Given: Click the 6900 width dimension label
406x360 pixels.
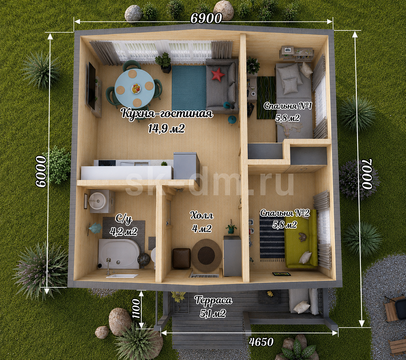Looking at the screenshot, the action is [206, 18].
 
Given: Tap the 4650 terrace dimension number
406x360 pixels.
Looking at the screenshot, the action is [261, 342].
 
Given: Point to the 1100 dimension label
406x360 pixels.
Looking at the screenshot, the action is [136, 309].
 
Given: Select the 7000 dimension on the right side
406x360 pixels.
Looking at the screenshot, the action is [367, 174].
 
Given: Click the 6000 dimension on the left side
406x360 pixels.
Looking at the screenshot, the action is [41, 171].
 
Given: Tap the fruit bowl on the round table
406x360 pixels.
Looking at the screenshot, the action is [136, 89].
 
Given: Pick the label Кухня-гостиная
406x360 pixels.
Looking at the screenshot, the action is [167, 114].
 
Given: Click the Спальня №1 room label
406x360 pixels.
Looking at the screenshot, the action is [288, 106].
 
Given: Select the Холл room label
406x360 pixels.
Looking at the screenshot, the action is [202, 216].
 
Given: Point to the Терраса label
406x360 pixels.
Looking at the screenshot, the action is [214, 301].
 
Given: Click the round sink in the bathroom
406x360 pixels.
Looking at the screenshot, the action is [97, 200].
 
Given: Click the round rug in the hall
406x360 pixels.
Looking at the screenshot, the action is [206, 255].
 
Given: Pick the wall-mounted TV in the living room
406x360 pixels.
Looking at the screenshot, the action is [92, 86].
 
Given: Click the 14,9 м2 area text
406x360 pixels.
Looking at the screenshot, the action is [166, 128].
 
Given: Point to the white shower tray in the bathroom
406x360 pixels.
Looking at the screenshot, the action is [119, 253].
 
